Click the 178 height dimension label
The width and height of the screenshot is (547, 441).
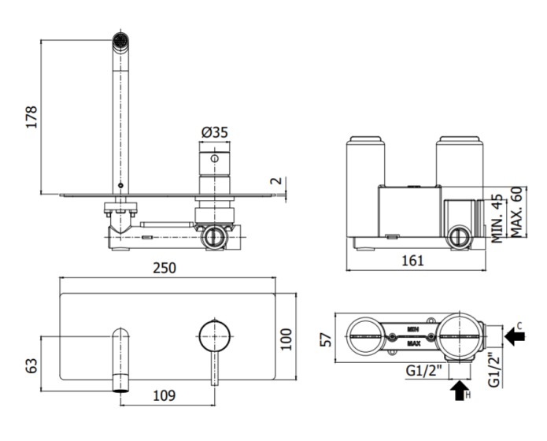pyautogui.click(x=31, y=117)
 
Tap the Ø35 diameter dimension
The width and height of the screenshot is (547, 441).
pyautogui.click(x=215, y=132)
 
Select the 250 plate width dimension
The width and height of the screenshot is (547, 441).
pyautogui.click(x=164, y=268)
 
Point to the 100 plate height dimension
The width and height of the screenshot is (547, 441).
pyautogui.click(x=286, y=339)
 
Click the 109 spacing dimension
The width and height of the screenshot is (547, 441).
pyautogui.click(x=164, y=395)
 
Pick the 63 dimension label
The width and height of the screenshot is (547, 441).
pyautogui.click(x=31, y=365)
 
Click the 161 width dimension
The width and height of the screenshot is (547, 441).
pyautogui.click(x=412, y=261)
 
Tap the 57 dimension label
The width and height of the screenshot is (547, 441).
pyautogui.click(x=326, y=339)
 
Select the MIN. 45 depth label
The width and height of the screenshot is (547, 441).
pyautogui.click(x=497, y=218)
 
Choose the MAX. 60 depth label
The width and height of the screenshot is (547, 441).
pyautogui.click(x=516, y=212)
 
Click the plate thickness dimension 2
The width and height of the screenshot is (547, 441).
pyautogui.click(x=276, y=181)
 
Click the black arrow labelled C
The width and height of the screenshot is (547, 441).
pyautogui.click(x=515, y=336)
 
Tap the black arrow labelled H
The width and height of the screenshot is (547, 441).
pyautogui.click(x=460, y=391)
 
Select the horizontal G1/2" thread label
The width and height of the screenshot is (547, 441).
pyautogui.click(x=423, y=370)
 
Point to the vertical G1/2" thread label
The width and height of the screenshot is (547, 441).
pyautogui.click(x=494, y=370)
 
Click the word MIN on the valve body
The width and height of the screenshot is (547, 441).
pyautogui.click(x=413, y=329)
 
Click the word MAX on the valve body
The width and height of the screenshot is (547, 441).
pyautogui.click(x=414, y=343)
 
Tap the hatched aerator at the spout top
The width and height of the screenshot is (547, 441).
pyautogui.click(x=120, y=40)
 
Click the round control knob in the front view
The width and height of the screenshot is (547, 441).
pyautogui.click(x=215, y=336)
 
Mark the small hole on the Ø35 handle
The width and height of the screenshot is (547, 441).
pyautogui.click(x=215, y=158)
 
